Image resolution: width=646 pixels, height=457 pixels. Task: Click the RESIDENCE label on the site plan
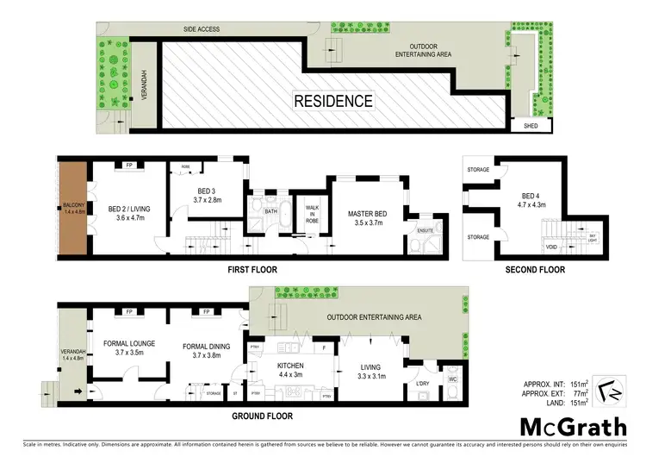point(334,101)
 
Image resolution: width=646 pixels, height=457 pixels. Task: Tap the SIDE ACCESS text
point(202,29)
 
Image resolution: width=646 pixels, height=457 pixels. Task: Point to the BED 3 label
point(208,193)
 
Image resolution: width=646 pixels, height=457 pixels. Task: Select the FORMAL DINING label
point(208,349)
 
